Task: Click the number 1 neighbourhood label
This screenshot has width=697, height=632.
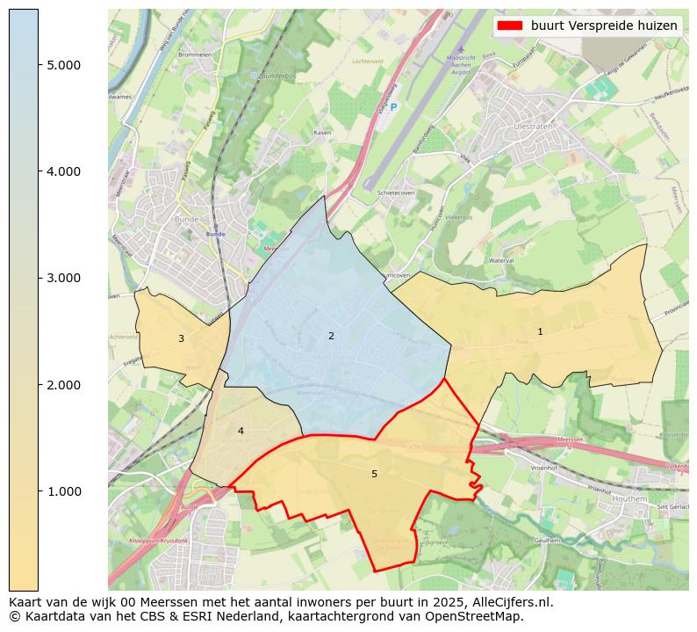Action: [x=540, y=331]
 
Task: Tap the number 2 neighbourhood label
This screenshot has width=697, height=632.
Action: [x=331, y=336]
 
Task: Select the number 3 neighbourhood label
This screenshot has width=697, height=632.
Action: [x=181, y=338]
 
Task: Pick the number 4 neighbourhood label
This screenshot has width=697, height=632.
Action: [x=241, y=431]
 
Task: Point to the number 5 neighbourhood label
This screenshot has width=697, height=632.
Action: [x=374, y=474]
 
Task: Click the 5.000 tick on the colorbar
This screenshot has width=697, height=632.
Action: [x=64, y=65]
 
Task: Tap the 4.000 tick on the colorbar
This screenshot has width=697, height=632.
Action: [x=64, y=171]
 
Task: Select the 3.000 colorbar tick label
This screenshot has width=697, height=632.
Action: [x=64, y=278]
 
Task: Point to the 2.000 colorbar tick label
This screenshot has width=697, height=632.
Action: [x=64, y=385]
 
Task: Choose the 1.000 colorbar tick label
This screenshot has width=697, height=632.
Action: [x=64, y=491]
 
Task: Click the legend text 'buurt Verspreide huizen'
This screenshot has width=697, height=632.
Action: [x=604, y=25]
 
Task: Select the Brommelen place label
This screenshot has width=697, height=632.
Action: [x=195, y=54]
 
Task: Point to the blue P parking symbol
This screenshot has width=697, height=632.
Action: [x=394, y=107]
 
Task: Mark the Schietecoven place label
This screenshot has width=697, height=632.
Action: [x=394, y=193]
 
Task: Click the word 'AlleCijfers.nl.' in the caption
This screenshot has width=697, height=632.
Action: [x=510, y=602]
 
